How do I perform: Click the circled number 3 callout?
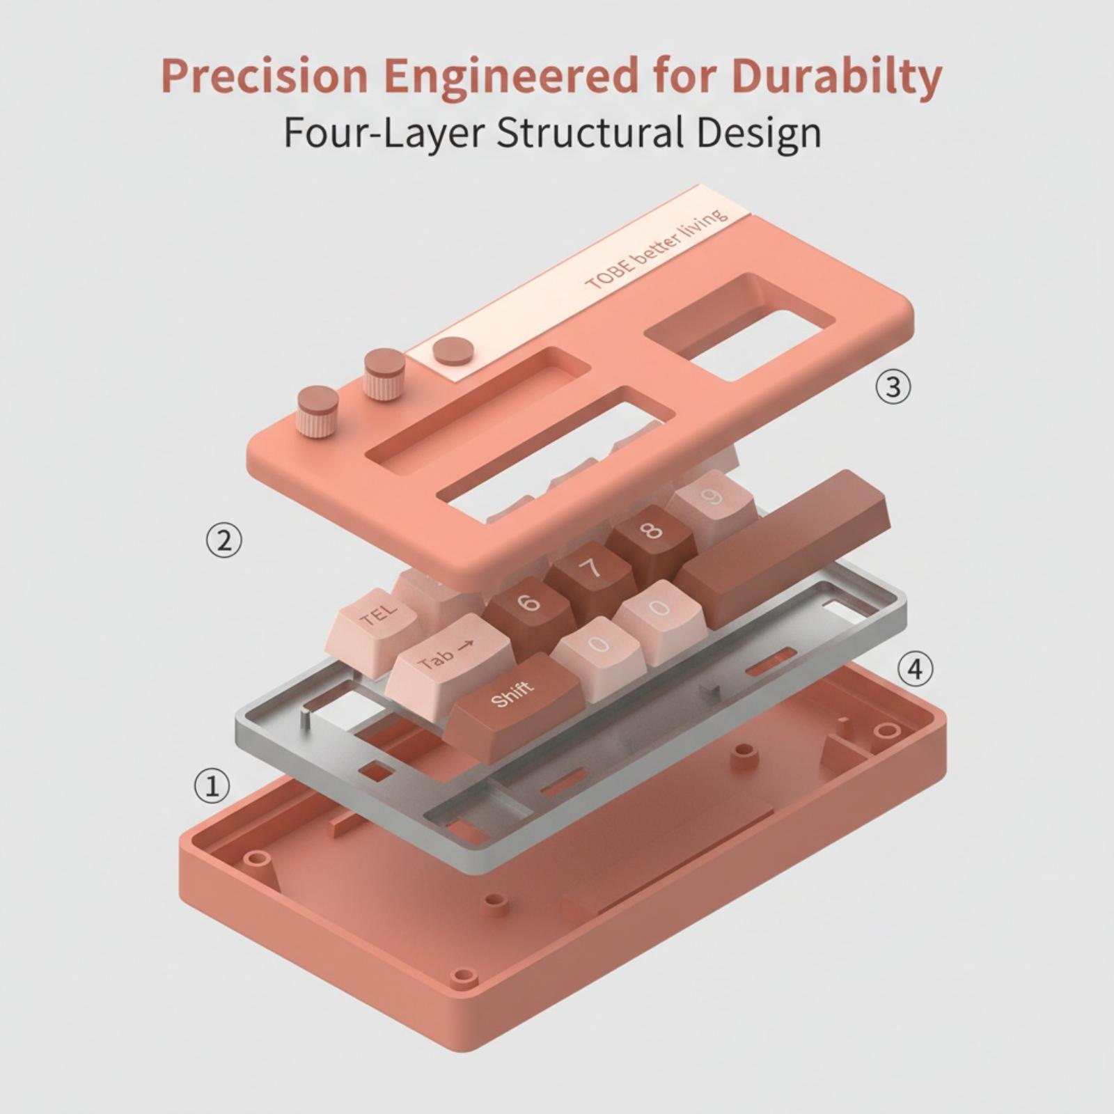coord(893,386)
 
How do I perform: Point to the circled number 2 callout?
coord(224,540)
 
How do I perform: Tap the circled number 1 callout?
coord(212,785)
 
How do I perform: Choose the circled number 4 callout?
coord(915,669)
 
